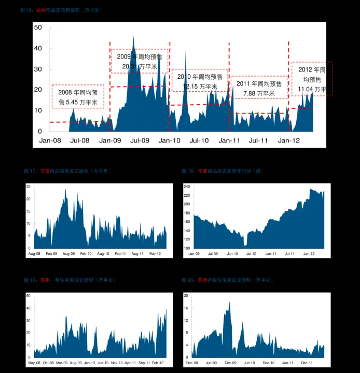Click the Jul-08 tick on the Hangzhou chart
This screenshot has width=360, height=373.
[x=79, y=140]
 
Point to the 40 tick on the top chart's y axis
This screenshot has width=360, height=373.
[x=38, y=48]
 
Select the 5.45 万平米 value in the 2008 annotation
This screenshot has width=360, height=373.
[x=78, y=103]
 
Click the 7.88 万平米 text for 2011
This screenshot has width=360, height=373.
[x=259, y=93]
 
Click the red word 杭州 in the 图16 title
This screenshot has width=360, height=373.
[x=41, y=10]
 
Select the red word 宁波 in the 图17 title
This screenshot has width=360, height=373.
[x=45, y=170]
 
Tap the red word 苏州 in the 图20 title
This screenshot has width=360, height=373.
[x=202, y=280]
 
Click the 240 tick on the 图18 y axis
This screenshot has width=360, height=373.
[x=187, y=187]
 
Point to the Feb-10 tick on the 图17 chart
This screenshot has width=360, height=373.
[x=86, y=253]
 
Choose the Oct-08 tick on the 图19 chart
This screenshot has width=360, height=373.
[x=48, y=363]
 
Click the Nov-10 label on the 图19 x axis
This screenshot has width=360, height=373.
[x=117, y=363]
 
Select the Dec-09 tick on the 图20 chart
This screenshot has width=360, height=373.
[x=230, y=363]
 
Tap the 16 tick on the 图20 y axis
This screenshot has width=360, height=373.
[x=186, y=308]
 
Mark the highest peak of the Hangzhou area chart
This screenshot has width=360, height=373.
[x=133, y=37]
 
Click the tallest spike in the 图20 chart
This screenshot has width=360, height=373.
[x=229, y=302]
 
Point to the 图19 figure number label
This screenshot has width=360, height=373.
[x=30, y=280]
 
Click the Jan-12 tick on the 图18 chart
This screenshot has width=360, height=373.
[x=309, y=253]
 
